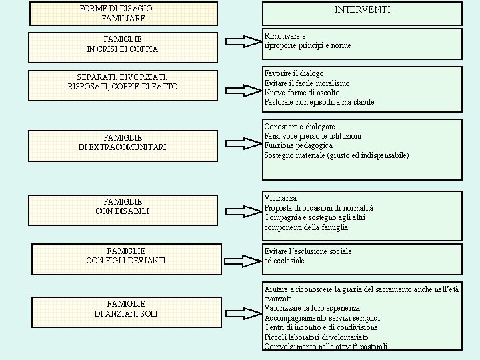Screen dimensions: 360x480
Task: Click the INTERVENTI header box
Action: tap(362, 13)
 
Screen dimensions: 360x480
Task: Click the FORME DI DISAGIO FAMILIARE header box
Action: tap(124, 13)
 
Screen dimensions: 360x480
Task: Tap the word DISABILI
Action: tap(131, 211)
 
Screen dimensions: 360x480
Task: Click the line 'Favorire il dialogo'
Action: tap(294, 73)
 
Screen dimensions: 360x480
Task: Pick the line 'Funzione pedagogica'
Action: tap(298, 145)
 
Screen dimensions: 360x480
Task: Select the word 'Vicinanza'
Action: tap(281, 198)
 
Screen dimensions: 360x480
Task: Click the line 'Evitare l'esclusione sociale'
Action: tap(308, 251)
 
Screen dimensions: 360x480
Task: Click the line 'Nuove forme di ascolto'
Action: tap(302, 93)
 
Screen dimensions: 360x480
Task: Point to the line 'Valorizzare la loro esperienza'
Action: tap(312, 308)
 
